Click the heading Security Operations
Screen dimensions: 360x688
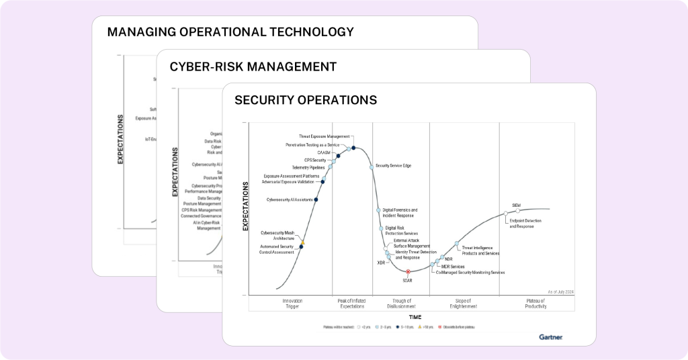(306, 100)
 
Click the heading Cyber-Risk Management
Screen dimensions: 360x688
(253, 66)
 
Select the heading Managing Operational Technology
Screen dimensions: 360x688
(230, 32)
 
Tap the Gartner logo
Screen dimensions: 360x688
(550, 336)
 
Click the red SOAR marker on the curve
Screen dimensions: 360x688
(408, 271)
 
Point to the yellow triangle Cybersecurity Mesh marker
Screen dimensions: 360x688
(303, 242)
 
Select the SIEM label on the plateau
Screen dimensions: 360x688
(517, 205)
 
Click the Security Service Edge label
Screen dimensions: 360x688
(393, 165)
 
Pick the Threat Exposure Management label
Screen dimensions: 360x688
(325, 136)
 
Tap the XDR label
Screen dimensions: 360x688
(381, 263)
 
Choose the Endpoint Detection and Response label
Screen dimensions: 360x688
(521, 224)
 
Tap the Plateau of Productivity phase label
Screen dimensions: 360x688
(535, 303)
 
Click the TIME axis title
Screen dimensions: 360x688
(415, 316)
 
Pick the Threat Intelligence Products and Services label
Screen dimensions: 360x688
(480, 251)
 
